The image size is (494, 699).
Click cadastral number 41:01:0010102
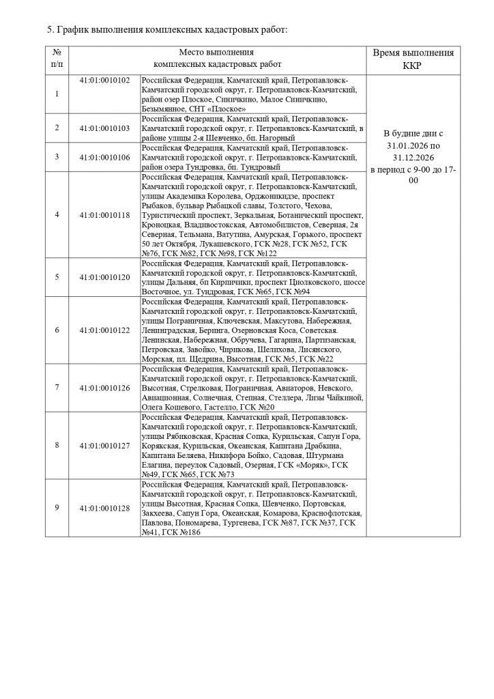[x=104, y=79]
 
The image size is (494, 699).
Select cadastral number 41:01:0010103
[x=104, y=128]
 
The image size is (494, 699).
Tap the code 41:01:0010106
[x=104, y=156]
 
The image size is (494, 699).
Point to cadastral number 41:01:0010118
[x=104, y=214]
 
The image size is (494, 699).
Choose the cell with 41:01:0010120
[x=104, y=277]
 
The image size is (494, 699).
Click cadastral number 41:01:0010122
[x=104, y=330]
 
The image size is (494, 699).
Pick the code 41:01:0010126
[x=104, y=387]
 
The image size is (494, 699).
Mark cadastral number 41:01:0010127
[x=104, y=445]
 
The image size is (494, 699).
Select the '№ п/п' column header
[x=57, y=59]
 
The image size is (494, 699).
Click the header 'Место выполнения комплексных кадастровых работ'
[x=217, y=59]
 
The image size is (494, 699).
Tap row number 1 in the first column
[x=57, y=94]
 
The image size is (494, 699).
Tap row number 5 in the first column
[x=57, y=277]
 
